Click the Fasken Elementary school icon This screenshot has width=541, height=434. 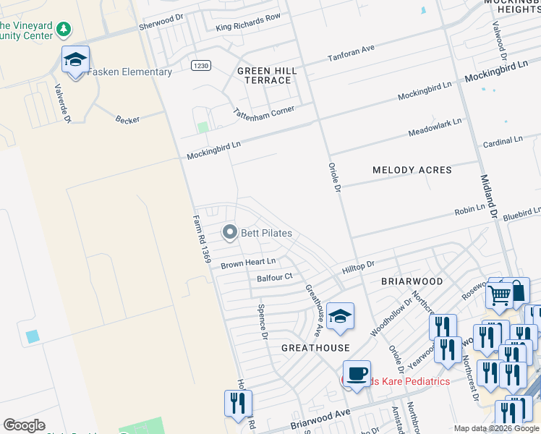click(x=74, y=61)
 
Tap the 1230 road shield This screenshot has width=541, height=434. click(x=201, y=66)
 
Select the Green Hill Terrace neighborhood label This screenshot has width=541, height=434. click(x=264, y=75)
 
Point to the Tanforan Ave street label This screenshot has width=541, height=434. click(x=351, y=53)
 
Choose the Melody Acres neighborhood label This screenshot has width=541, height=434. click(x=412, y=170)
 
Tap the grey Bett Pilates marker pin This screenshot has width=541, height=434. click(x=230, y=232)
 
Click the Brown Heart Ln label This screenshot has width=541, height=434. click(x=248, y=262)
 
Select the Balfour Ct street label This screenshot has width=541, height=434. click(x=274, y=277)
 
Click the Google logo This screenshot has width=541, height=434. click(x=24, y=425)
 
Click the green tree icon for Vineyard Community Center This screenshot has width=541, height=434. click(x=64, y=30)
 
